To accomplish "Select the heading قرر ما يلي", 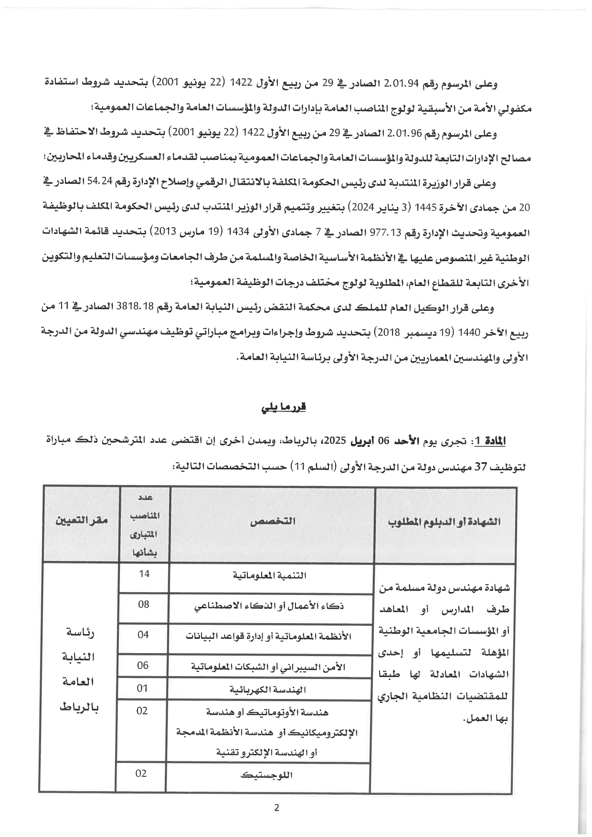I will point(284,408).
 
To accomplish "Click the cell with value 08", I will point(144,604).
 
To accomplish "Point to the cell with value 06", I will point(143,665).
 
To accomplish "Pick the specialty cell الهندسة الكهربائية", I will point(268,689).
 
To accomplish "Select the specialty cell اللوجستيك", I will point(267,774).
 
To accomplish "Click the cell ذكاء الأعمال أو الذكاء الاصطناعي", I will point(269,607).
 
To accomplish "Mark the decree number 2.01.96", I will point(404,134).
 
